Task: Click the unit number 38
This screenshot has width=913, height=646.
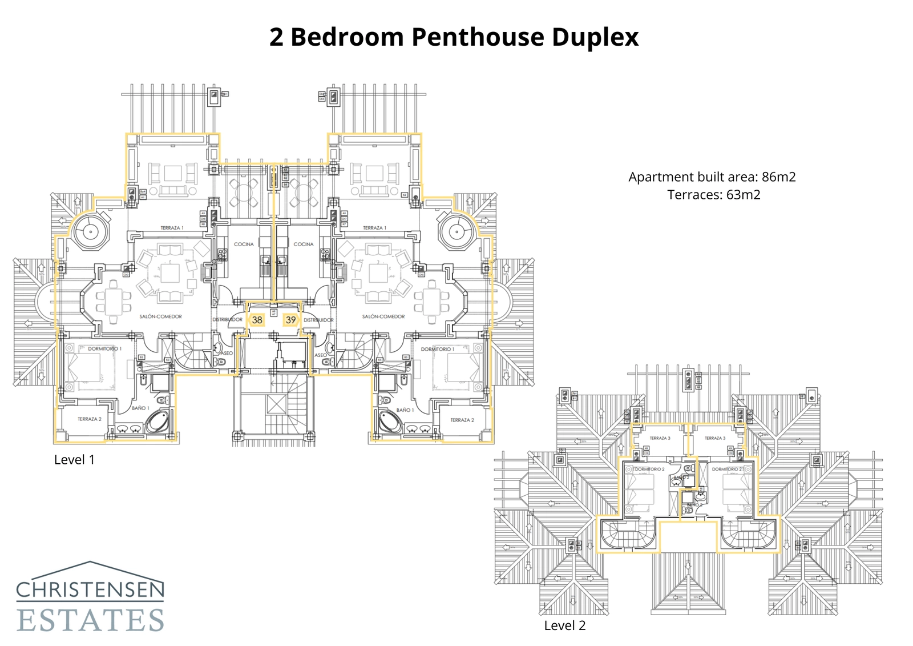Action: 257,320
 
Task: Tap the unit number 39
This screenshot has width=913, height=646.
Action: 291,320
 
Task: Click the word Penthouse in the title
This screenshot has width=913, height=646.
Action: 478,37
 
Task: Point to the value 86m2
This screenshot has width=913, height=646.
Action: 778,177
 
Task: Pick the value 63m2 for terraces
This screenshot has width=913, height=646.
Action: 743,195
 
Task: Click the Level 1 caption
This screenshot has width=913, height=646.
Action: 74,460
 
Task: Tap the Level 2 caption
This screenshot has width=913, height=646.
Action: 564,625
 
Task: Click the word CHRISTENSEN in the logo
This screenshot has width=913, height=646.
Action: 90,589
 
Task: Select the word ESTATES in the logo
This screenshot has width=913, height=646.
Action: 90,620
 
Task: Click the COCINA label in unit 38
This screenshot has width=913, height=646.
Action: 244,244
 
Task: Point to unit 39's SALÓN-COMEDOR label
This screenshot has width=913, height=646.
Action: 383,316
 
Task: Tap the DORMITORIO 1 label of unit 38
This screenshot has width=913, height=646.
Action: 104,348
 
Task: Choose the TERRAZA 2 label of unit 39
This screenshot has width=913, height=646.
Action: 462,420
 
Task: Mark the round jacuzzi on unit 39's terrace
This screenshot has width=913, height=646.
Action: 456,232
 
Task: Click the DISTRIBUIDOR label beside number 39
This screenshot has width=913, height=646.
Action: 318,320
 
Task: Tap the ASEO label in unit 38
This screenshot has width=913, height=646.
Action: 227,354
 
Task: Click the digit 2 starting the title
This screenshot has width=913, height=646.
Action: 276,37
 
